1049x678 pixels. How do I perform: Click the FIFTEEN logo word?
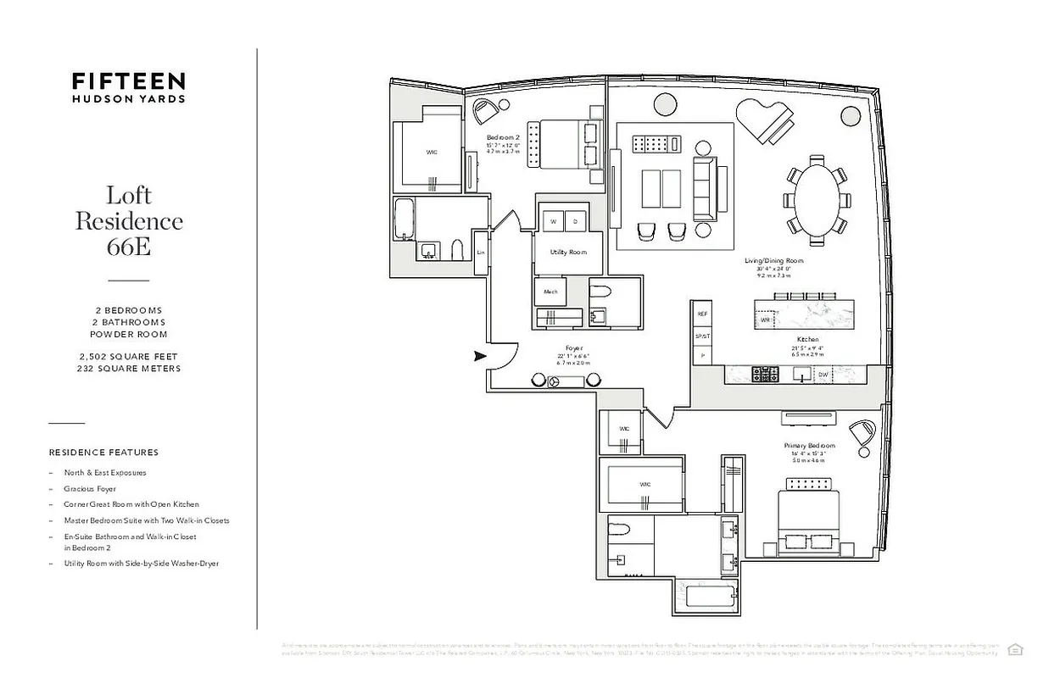128,81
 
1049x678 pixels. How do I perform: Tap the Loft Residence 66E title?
129,220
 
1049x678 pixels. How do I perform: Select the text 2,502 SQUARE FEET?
129,357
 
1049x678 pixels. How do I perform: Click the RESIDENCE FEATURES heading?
103,453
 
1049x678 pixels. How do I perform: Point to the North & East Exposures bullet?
104,473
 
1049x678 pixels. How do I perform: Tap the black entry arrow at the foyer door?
479,356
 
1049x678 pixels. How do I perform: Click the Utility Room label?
568,252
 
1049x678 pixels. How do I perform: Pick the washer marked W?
553,221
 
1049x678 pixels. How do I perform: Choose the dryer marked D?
575,221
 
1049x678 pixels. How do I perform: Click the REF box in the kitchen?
701,314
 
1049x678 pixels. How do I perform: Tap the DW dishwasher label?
823,374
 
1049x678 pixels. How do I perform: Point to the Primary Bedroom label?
810,446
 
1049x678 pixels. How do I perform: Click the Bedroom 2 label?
503,137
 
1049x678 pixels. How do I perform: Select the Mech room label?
550,292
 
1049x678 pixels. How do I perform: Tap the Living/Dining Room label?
773,261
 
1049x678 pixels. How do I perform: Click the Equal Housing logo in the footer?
1015,649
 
